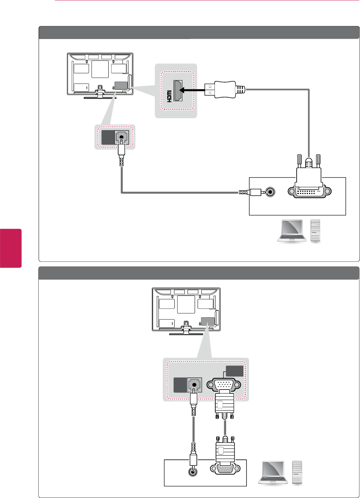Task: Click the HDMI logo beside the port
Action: (169, 96)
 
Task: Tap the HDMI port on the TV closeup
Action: (178, 90)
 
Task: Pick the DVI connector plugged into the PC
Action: (309, 187)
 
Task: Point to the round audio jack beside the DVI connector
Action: (270, 192)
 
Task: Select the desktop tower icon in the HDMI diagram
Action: (315, 230)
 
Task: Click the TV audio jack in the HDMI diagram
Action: (121, 137)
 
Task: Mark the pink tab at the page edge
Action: (10, 248)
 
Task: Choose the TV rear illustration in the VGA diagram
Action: (186, 310)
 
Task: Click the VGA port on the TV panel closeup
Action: (224, 384)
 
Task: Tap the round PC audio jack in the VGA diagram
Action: (193, 471)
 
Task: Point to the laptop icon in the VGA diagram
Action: (273, 472)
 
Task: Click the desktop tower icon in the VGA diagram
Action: (297, 472)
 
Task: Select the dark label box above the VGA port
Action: (234, 371)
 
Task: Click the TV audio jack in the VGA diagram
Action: (194, 385)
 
